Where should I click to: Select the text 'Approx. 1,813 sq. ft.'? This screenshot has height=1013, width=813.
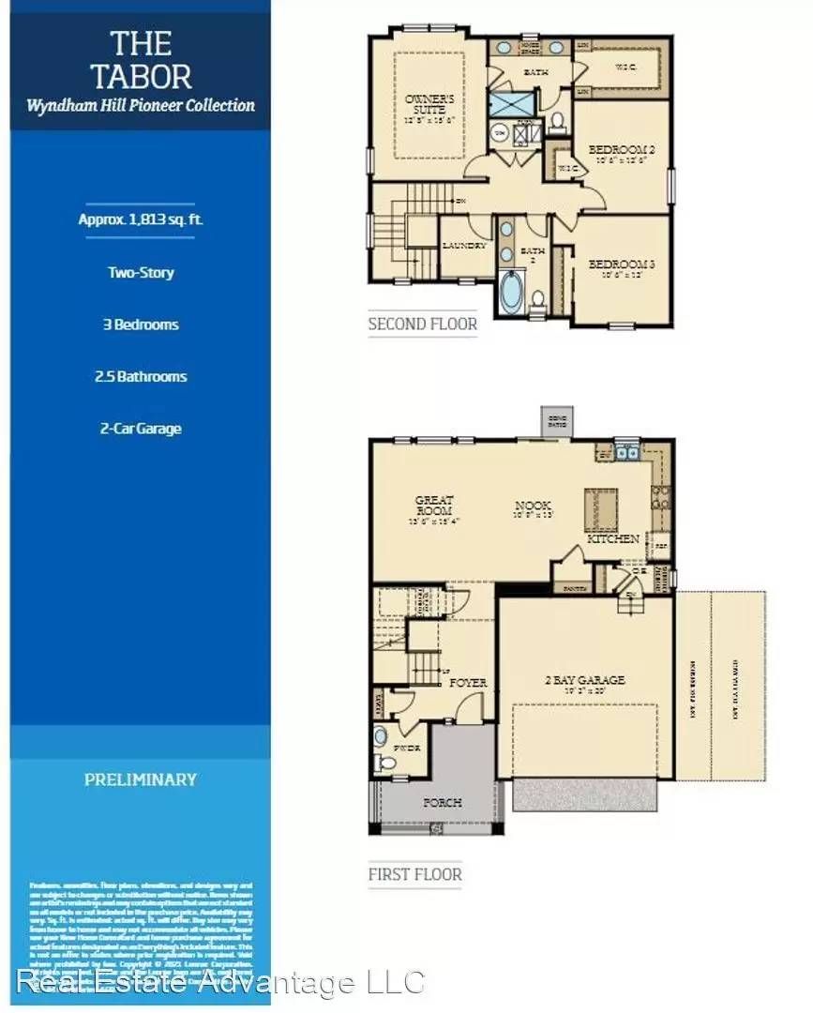pos(140,220)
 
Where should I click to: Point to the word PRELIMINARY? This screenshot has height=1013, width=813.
pos(141,779)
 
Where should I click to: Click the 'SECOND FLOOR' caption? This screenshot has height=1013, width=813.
pos(422,325)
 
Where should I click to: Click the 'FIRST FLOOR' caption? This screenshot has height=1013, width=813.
pos(414,874)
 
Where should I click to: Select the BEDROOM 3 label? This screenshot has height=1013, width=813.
pos(621,265)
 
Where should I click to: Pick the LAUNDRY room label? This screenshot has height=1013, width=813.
pos(464,246)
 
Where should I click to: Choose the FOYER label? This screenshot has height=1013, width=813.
pos(467,683)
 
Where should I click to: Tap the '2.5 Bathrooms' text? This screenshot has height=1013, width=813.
pos(140,377)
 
